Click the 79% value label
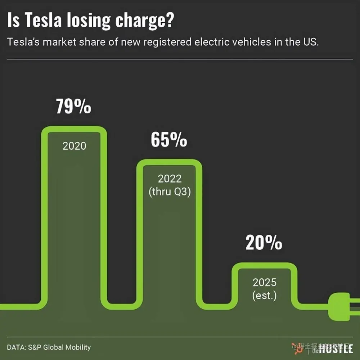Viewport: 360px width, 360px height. (73, 107)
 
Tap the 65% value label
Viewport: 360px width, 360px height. (169, 140)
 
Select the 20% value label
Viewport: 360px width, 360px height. (264, 243)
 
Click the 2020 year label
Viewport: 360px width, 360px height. (75, 146)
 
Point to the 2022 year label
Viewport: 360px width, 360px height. (170, 179)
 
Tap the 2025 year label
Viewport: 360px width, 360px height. (265, 282)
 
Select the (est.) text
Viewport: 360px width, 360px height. (265, 296)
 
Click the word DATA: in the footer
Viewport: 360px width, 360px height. (17, 347)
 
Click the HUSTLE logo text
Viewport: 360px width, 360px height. (336, 348)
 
